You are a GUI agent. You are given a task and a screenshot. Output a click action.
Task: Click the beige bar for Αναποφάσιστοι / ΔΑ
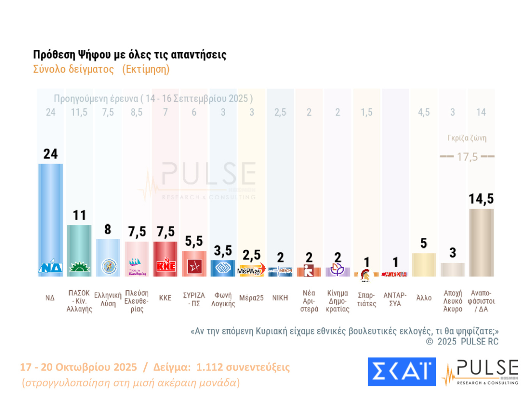[x=481, y=241]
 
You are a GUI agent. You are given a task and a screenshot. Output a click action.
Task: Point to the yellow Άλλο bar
[x=424, y=265]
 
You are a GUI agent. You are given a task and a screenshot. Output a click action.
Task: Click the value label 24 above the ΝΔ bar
[x=51, y=154]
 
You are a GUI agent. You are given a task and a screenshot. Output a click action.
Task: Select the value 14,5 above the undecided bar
[x=481, y=199]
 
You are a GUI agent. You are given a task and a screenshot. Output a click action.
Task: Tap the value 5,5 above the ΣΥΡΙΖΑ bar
[x=194, y=241]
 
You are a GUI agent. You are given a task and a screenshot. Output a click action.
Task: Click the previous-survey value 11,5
[x=79, y=112]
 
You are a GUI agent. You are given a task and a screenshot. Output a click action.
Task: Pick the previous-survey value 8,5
[x=136, y=112]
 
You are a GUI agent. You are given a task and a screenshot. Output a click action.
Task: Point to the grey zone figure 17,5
[x=467, y=157]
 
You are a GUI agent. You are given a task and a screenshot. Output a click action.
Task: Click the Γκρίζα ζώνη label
[x=467, y=138]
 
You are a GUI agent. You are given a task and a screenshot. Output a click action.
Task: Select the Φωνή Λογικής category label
[x=223, y=299]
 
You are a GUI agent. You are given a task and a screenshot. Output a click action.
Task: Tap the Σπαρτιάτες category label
[x=366, y=299]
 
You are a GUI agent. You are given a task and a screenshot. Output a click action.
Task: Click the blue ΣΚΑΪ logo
[x=401, y=372]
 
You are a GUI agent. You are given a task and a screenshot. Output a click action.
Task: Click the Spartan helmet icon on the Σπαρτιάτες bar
[x=366, y=275]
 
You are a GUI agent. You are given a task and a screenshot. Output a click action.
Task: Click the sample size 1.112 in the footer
[x=210, y=367]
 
